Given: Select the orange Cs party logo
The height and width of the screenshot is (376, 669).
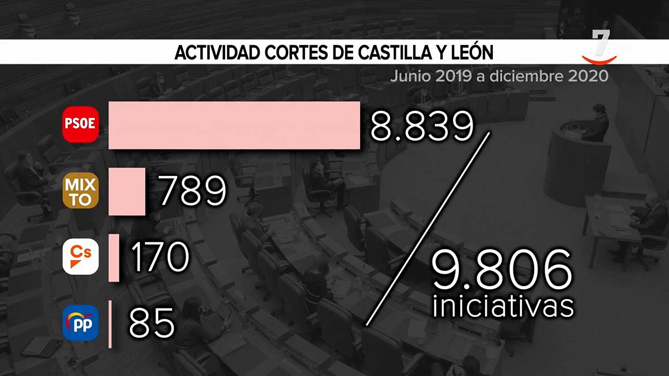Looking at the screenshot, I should pyautogui.click(x=80, y=257).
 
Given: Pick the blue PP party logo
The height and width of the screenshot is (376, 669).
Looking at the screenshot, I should pyautogui.click(x=80, y=323).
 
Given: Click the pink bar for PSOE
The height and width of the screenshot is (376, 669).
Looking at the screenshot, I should pyautogui.click(x=234, y=125).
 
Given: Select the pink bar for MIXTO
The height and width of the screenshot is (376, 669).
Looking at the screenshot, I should pyautogui.click(x=127, y=191).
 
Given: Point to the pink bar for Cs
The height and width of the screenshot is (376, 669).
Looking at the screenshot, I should pyautogui.click(x=114, y=257).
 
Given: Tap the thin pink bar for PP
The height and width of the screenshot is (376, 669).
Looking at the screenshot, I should pyautogui.click(x=110, y=324).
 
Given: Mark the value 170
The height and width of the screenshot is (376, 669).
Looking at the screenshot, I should pyautogui.click(x=159, y=257).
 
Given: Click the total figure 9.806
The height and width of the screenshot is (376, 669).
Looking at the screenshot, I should pyautogui.click(x=502, y=270).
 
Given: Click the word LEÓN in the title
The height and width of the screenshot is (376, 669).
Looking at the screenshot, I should pyautogui.click(x=471, y=53).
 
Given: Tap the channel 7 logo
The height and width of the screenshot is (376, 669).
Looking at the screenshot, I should pyautogui.click(x=600, y=47).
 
